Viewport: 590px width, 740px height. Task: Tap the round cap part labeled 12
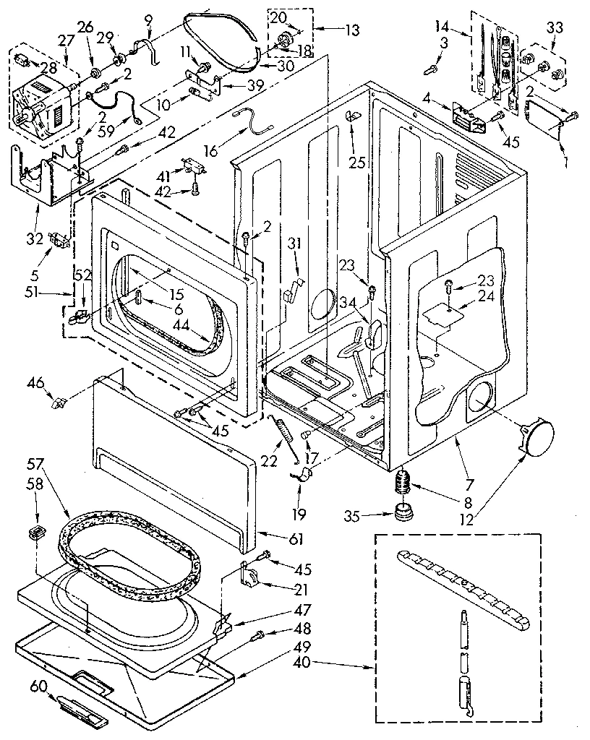coord(537,437)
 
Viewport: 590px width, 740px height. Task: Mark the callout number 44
coord(181,325)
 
